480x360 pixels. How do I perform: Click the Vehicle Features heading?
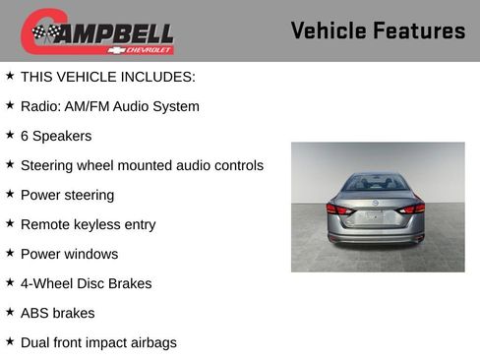(x=378, y=30)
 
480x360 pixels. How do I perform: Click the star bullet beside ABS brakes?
(x=10, y=312)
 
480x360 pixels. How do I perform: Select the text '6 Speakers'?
(x=56, y=136)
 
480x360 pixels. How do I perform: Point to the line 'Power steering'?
(x=67, y=195)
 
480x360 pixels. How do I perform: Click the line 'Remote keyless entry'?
(x=88, y=224)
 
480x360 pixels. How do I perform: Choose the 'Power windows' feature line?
(x=69, y=254)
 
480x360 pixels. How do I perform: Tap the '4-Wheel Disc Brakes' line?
(x=86, y=283)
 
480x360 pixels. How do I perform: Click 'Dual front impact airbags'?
(x=98, y=342)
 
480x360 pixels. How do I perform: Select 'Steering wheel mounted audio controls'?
(x=142, y=165)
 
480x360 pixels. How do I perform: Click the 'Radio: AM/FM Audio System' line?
(x=109, y=106)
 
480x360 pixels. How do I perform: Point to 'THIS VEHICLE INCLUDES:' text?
(x=107, y=77)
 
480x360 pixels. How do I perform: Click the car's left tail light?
(x=337, y=209)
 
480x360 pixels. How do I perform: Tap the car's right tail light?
(x=414, y=208)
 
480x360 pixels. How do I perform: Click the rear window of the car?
(x=376, y=183)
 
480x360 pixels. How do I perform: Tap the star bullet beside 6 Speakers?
(x=10, y=135)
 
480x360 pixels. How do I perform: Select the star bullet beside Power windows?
(x=10, y=253)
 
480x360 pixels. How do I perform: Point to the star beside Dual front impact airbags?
(x=10, y=341)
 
